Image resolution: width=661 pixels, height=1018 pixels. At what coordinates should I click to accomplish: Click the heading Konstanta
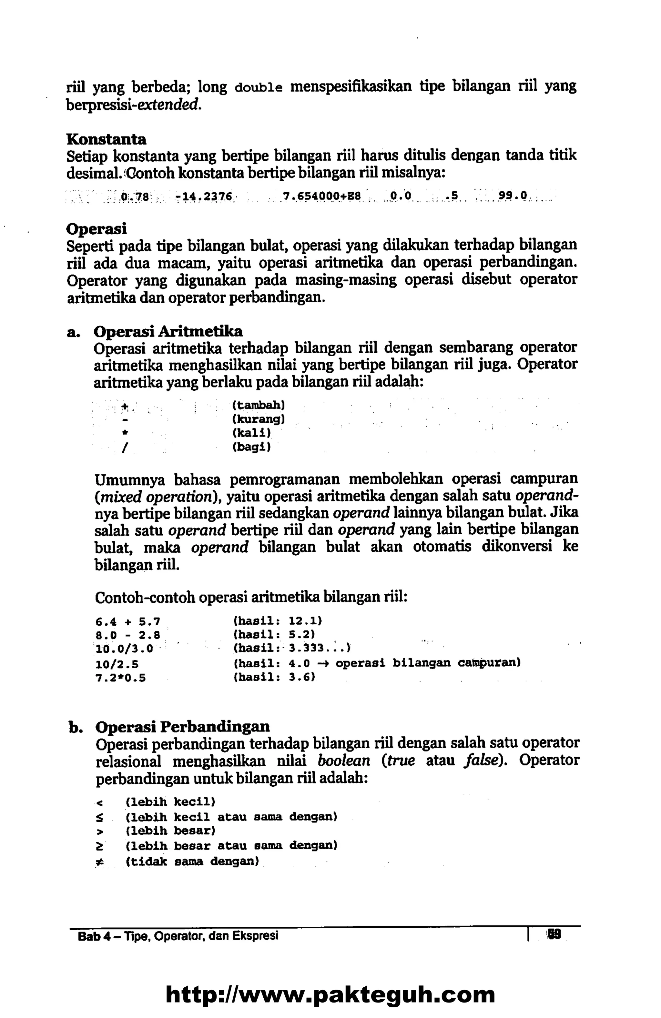pos(106,139)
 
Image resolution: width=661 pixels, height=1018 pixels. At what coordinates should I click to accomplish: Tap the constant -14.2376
pos(204,197)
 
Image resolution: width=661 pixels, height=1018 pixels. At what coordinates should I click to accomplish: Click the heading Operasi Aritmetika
pos(168,331)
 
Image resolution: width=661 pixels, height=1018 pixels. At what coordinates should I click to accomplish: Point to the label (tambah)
pos(259,404)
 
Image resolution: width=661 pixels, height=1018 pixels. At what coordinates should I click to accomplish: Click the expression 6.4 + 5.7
pos(127,620)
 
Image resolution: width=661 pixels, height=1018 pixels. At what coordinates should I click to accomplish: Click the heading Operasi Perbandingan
pos(183,726)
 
